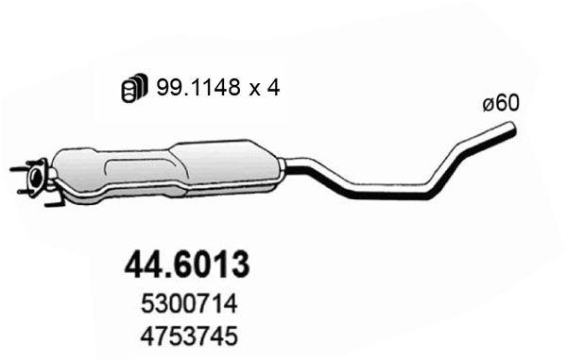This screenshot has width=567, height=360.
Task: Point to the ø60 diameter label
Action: [500, 104]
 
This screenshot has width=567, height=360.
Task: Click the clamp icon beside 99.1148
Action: [132, 88]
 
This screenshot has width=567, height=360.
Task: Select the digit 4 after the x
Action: [275, 88]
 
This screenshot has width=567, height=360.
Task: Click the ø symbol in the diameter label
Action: [488, 104]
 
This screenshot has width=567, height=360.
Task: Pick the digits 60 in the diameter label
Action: [507, 104]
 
